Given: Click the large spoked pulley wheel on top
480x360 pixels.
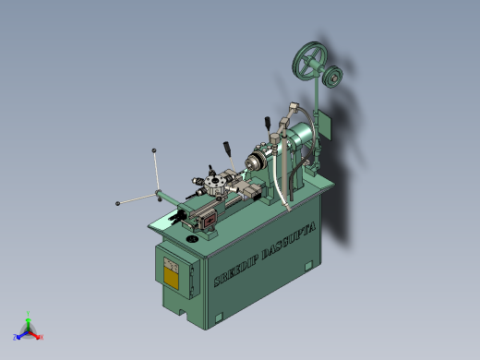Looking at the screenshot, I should [308, 63].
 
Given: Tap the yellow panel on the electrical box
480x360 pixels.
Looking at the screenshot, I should [172, 274].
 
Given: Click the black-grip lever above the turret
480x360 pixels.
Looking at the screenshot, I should [226, 147].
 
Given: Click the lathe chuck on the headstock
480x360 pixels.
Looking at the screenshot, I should [251, 162].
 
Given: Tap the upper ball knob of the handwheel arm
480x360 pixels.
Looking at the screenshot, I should [154, 150].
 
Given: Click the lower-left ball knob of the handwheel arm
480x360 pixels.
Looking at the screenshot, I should [118, 203].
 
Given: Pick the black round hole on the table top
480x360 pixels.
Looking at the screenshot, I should [192, 239].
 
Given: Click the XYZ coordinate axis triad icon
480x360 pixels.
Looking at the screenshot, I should [29, 329].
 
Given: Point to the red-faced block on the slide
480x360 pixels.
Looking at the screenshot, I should [205, 220].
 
